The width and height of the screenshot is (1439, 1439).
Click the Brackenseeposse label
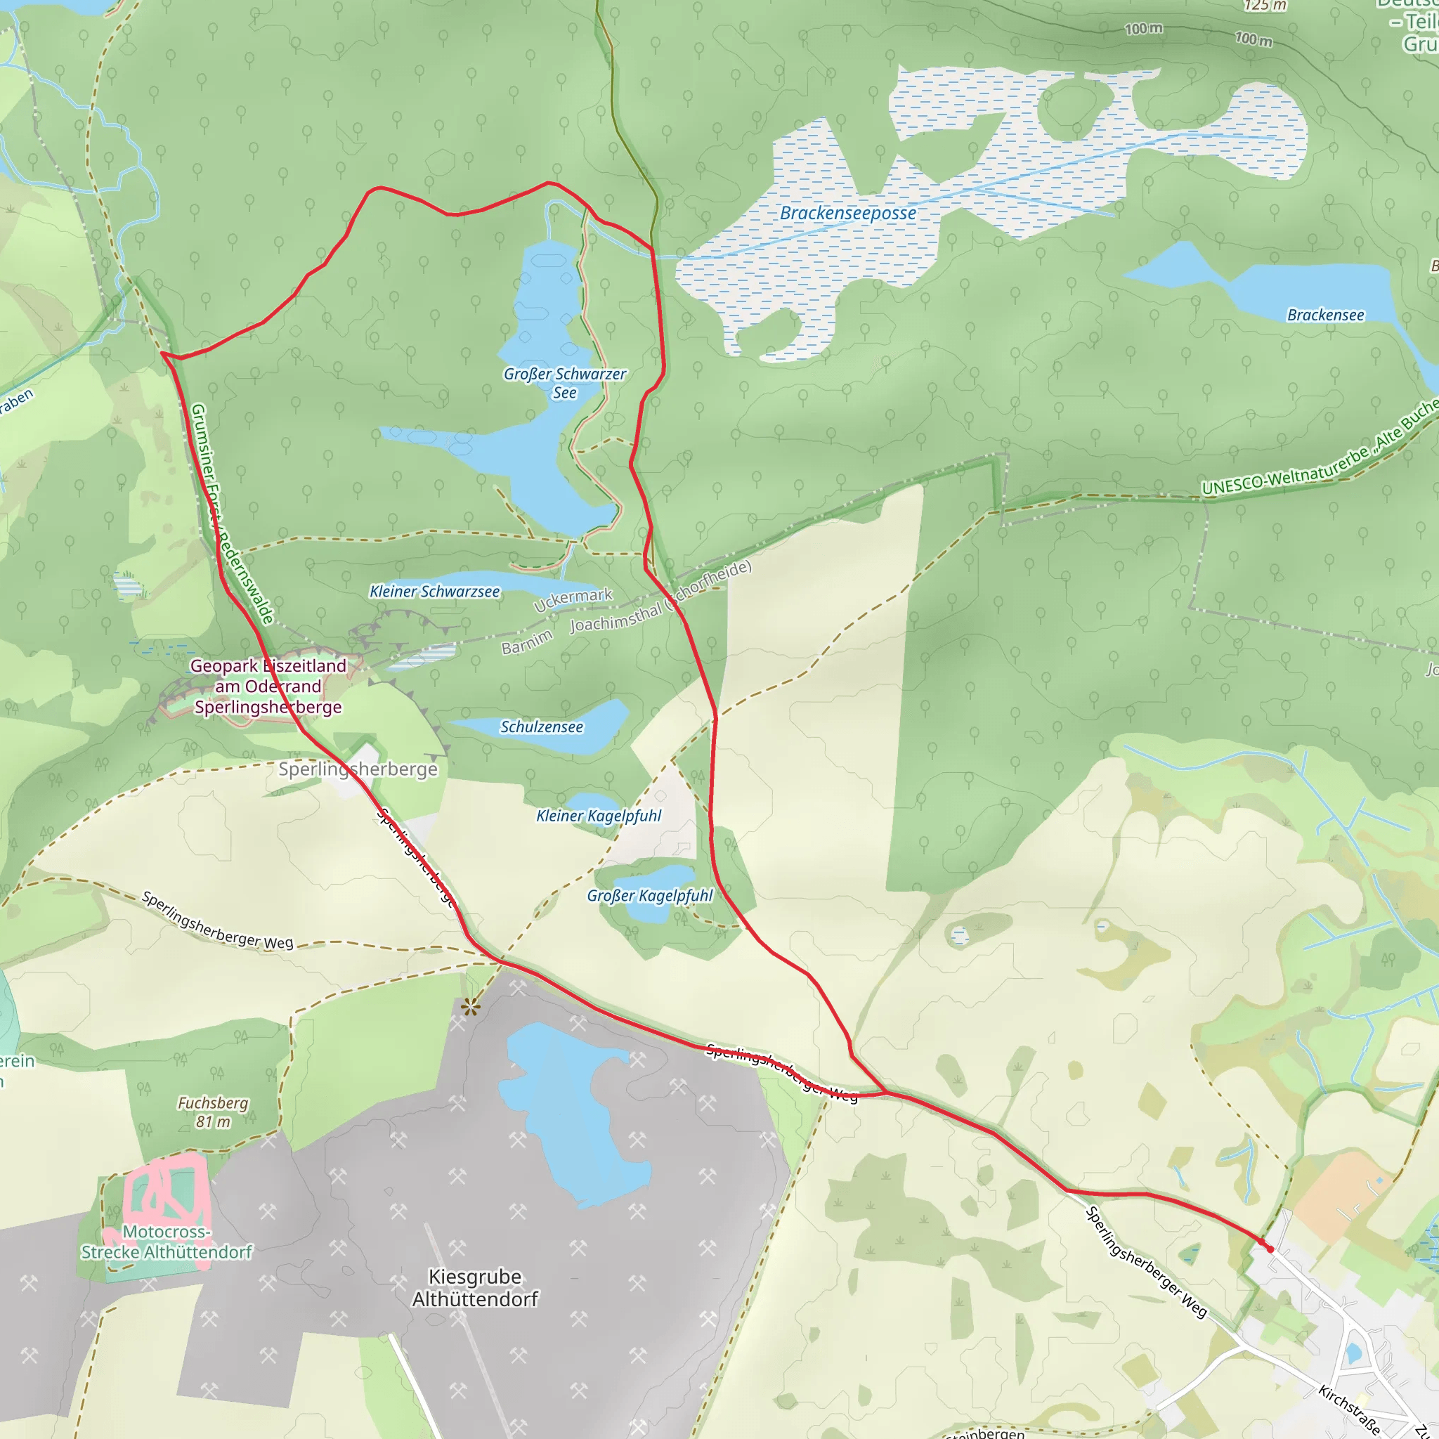coord(847,213)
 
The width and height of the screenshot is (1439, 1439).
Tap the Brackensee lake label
coord(1326,315)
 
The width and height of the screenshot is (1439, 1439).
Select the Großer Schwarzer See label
coord(565,383)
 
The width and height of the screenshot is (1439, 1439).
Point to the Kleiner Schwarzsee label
coord(435,592)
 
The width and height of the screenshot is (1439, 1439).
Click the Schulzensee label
coord(542,727)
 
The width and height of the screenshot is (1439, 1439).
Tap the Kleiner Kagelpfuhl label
coord(599,816)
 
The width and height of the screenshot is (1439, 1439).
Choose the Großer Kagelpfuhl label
coord(649,895)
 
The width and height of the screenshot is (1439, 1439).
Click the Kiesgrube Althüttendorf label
coord(475,1287)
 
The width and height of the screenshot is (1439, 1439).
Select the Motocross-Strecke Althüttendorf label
coord(167,1242)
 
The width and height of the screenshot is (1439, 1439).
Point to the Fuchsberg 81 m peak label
coord(213,1112)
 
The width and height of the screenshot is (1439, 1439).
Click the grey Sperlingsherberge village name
coord(358,769)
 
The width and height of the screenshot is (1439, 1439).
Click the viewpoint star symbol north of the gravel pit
coord(471,1008)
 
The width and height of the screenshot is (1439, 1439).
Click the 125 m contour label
coord(1265,6)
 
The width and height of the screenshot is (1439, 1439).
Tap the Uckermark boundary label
coord(573,599)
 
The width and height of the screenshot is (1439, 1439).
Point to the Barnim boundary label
coord(528,642)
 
